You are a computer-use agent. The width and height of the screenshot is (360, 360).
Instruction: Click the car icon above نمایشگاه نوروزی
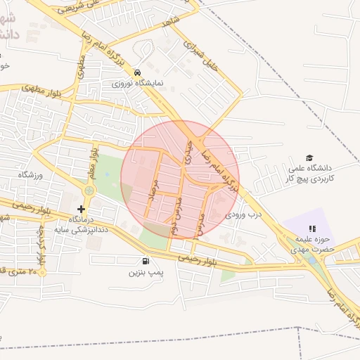pos(137,72)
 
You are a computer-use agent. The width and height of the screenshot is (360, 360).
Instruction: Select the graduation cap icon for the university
pos(309,158)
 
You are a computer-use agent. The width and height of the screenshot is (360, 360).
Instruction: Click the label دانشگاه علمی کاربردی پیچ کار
pos(309,174)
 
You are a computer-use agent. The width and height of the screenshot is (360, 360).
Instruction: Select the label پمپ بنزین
pos(145,271)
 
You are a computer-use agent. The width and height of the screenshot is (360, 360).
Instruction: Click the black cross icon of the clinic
pos(82,209)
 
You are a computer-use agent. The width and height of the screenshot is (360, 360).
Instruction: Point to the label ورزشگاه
pos(31,174)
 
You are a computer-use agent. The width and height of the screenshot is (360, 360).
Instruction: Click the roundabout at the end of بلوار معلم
pos(89,191)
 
